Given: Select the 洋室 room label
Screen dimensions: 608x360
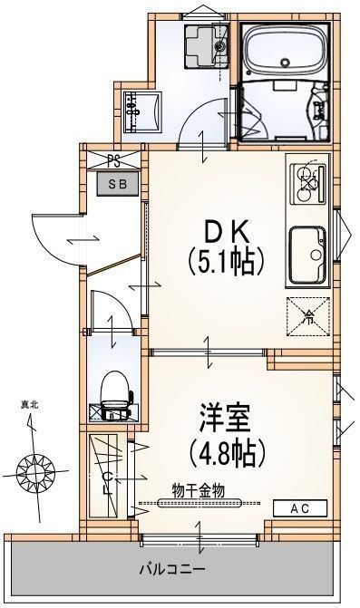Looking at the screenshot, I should click(x=224, y=420).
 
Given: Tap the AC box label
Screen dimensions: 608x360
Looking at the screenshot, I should click(x=299, y=508).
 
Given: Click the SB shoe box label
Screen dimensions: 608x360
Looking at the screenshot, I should click(x=119, y=183).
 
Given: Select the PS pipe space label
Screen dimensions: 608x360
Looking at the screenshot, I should click(x=114, y=162).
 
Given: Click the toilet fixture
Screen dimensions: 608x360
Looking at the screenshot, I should click(x=113, y=394).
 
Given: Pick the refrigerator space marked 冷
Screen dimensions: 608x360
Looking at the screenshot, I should click(x=307, y=316).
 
